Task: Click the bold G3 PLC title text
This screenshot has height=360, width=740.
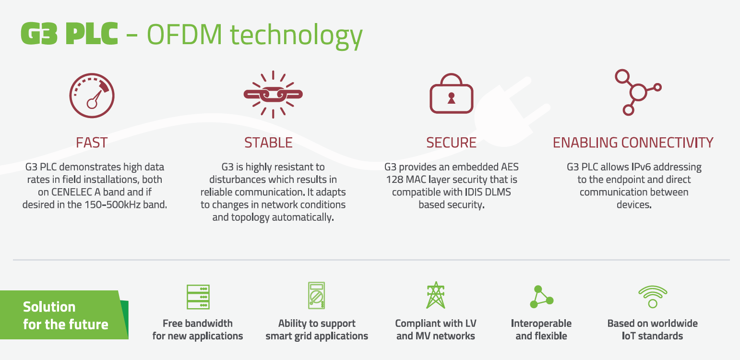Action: click(x=70, y=34)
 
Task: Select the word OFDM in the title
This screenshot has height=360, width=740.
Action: click(x=184, y=35)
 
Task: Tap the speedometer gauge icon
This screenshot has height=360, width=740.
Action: click(x=92, y=96)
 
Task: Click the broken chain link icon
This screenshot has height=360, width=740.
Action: click(x=273, y=95)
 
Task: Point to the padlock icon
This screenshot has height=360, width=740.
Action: click(x=451, y=94)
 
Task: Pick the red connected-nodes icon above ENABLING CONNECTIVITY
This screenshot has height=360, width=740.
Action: click(x=638, y=92)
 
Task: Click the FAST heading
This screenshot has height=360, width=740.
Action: click(x=92, y=143)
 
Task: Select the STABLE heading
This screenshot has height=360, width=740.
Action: click(x=268, y=143)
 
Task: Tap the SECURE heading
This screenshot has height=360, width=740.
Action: click(x=451, y=143)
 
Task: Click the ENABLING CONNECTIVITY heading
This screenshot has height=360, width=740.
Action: click(x=633, y=143)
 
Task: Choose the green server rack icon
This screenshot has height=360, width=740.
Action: click(x=198, y=297)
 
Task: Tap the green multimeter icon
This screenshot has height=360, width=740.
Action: click(x=316, y=295)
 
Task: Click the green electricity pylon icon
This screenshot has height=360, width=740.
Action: click(x=436, y=295)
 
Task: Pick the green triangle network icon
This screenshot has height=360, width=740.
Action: click(x=541, y=297)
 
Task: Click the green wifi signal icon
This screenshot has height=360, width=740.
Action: click(x=653, y=297)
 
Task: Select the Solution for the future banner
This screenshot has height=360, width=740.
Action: click(x=64, y=315)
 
